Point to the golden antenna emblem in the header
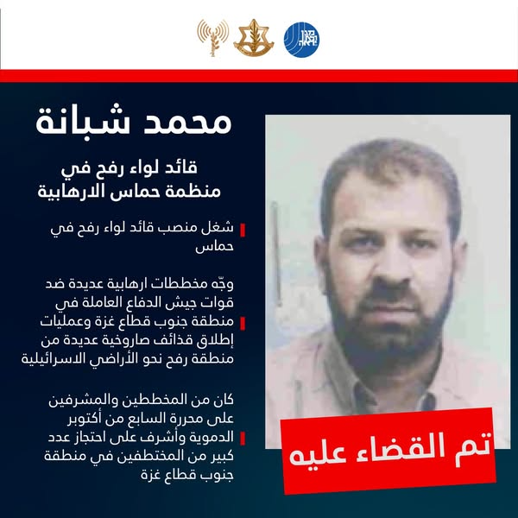(x=211, y=36)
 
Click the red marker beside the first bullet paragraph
(x=243, y=230)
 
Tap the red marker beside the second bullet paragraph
(x=243, y=324)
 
